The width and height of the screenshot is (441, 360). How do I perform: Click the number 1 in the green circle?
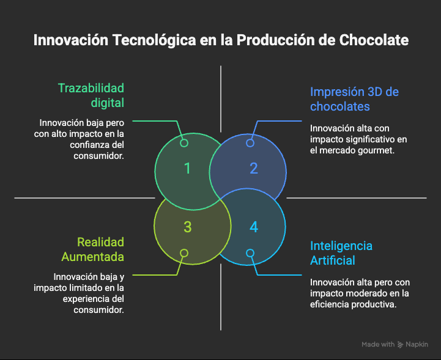pos(187,168)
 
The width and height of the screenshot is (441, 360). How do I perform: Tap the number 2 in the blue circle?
pos(254,168)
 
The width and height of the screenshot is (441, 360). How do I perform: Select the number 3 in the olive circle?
pos(188,227)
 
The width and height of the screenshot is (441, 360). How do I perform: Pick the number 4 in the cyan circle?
pos(254,227)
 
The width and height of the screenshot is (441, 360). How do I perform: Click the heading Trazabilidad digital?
pos(91,95)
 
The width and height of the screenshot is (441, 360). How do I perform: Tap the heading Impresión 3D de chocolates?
pos(354,99)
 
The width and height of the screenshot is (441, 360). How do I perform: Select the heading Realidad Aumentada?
pos(93,249)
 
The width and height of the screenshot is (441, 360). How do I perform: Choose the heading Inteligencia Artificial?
pos(341,253)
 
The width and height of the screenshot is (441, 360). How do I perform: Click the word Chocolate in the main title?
pos(374,40)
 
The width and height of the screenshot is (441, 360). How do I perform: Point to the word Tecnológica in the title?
pos(154,40)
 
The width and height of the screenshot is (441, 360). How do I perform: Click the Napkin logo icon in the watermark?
pos(400,345)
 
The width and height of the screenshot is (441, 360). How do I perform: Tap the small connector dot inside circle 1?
pos(184,143)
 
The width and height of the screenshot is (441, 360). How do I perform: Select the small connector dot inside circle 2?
pos(250,143)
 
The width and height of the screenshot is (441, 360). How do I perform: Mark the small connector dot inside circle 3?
pos(184,253)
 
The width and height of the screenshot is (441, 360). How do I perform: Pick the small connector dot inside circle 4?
pos(250,253)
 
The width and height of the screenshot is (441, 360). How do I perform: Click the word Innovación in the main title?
pos(71,40)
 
